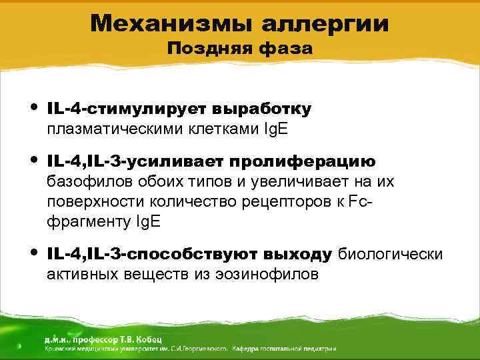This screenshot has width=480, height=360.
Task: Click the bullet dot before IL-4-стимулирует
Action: tap(34, 107)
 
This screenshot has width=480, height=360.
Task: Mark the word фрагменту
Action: tap(85, 222)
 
